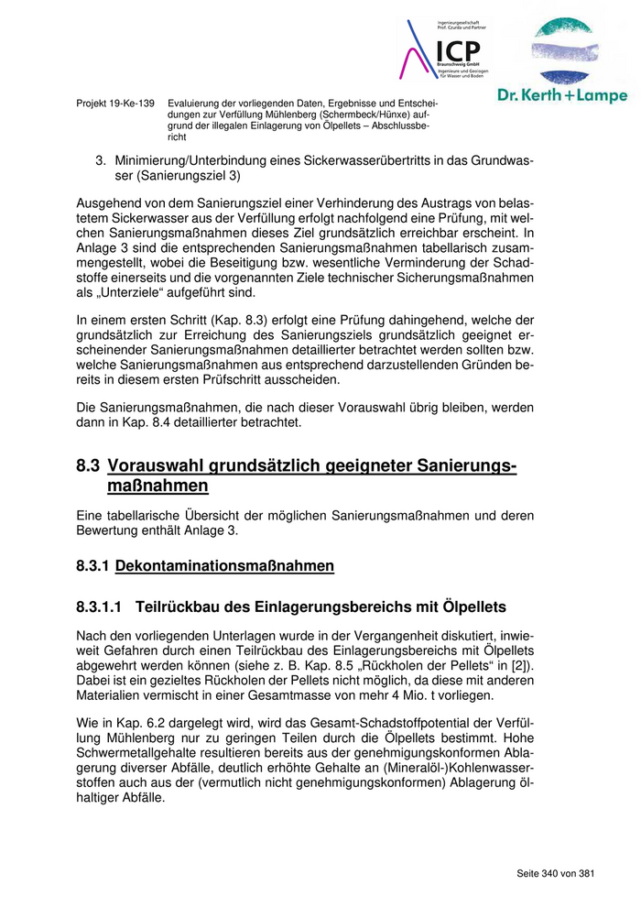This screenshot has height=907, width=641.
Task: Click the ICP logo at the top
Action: click(446, 51)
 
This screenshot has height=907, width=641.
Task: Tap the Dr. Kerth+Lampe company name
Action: click(562, 94)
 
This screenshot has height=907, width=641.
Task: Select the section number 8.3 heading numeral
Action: click(88, 467)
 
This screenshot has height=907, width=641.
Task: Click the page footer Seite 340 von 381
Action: click(556, 873)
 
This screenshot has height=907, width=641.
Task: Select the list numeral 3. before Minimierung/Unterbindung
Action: click(102, 160)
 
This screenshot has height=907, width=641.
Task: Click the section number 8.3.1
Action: click(93, 566)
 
